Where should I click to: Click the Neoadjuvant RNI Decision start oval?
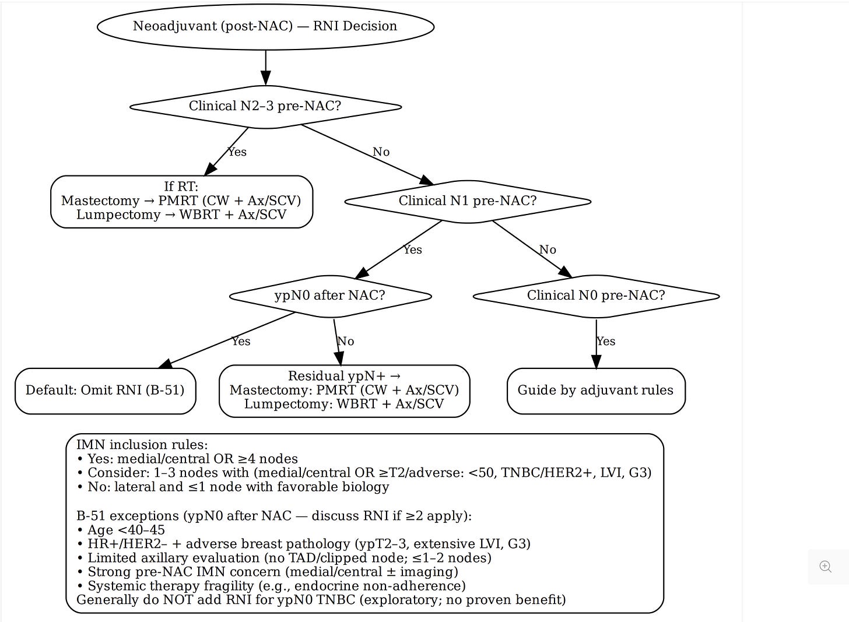click(265, 26)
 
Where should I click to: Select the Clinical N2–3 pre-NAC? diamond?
click(265, 106)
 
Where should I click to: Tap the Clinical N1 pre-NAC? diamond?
click(468, 201)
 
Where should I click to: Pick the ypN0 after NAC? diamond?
click(330, 296)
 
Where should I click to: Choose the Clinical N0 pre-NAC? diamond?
click(596, 296)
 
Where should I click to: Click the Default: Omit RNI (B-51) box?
click(105, 391)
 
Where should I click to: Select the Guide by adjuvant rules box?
click(596, 391)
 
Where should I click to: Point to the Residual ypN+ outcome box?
click(344, 391)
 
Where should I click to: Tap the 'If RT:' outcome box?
click(181, 201)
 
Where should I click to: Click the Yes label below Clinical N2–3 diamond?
click(237, 152)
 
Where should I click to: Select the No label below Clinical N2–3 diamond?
click(381, 152)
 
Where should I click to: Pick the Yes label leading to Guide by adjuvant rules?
click(606, 342)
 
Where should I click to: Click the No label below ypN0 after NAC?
click(346, 342)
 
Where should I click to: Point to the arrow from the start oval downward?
click(265, 68)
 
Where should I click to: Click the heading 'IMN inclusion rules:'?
click(142, 445)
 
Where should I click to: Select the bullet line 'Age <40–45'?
click(121, 530)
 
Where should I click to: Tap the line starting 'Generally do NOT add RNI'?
click(321, 600)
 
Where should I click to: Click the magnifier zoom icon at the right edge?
click(825, 567)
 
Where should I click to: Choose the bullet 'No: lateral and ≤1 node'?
click(233, 487)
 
